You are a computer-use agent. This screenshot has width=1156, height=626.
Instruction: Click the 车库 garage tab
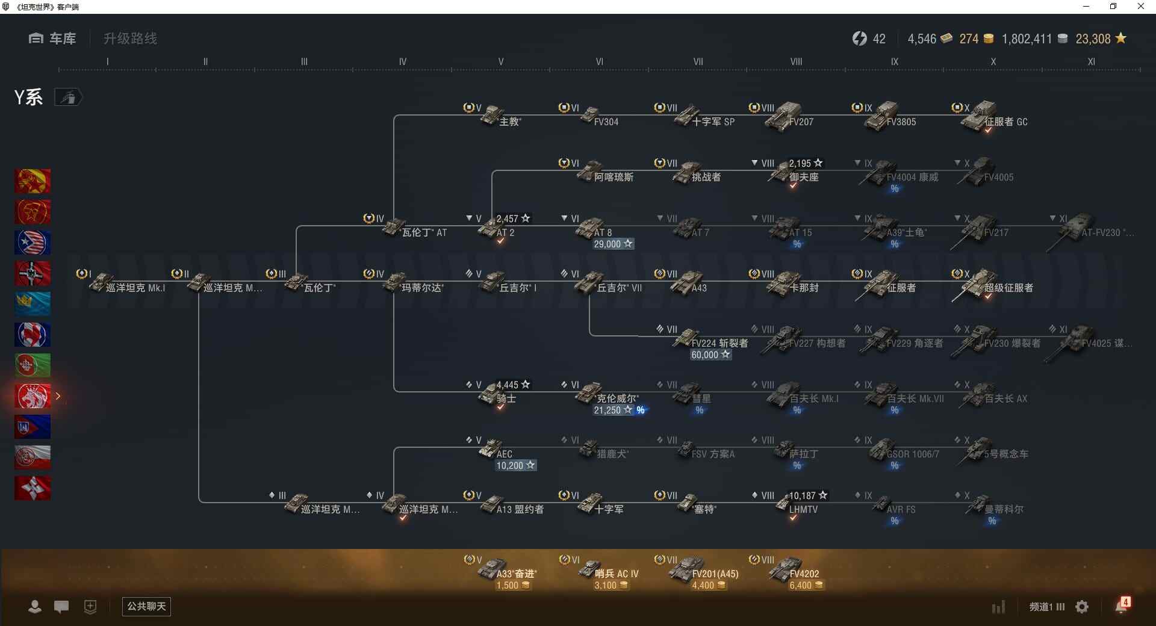point(53,39)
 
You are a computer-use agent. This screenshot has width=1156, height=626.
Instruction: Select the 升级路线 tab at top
point(130,39)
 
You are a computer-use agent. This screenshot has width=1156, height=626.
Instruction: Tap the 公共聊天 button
point(146,606)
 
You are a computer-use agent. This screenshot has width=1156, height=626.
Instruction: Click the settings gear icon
point(1082,607)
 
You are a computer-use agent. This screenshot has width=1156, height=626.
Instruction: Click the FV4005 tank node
point(987,173)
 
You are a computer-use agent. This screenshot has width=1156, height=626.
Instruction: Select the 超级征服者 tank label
point(1008,288)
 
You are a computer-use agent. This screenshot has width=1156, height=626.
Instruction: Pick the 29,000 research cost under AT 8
point(613,244)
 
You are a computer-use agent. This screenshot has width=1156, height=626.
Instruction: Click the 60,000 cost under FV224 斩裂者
point(710,355)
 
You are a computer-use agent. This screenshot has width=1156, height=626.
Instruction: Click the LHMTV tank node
point(795,506)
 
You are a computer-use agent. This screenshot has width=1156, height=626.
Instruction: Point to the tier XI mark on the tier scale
point(1091,61)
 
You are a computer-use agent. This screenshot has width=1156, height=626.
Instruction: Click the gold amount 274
point(969,39)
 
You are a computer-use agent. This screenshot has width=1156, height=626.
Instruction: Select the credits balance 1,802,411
point(1027,39)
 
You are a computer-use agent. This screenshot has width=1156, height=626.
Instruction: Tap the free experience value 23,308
point(1093,39)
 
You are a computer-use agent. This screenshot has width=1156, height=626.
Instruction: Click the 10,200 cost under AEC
point(515,465)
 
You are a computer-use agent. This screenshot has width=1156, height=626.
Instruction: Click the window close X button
point(1140,7)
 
